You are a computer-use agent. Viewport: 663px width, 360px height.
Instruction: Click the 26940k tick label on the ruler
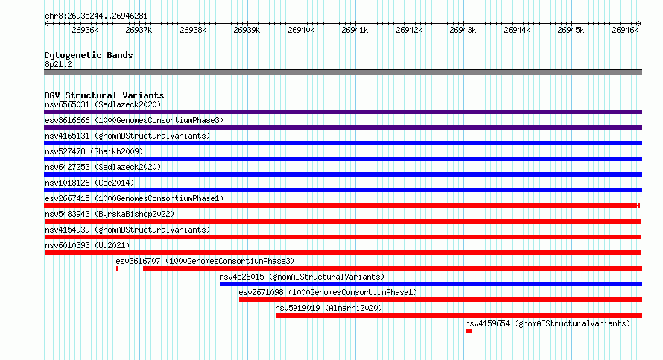click(x=301, y=30)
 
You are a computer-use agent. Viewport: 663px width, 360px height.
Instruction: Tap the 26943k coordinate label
click(x=463, y=30)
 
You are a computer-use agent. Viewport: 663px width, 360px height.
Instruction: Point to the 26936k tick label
click(x=85, y=30)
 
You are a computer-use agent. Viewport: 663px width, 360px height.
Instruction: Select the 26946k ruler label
click(x=625, y=30)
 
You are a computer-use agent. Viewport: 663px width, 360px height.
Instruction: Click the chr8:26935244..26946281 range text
click(x=96, y=16)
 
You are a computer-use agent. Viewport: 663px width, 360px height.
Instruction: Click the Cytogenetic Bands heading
click(x=89, y=55)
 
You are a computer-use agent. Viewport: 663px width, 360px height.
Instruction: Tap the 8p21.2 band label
click(x=58, y=64)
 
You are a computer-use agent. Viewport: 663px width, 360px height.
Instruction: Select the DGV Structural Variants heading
click(x=104, y=95)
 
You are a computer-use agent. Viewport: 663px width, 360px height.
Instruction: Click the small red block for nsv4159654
click(x=469, y=331)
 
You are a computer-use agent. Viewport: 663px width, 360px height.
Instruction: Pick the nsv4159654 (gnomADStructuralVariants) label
click(x=548, y=323)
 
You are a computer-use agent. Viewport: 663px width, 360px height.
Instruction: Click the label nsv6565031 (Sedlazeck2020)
click(x=103, y=104)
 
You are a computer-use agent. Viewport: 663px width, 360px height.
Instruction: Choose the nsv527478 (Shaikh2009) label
click(x=94, y=151)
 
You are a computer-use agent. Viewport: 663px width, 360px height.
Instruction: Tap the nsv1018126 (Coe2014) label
click(x=89, y=183)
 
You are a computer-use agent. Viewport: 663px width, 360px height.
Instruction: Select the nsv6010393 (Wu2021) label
click(x=87, y=245)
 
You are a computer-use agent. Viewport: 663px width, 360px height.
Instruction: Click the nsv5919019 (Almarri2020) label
click(x=329, y=308)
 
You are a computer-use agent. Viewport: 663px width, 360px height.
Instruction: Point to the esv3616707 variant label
click(x=205, y=261)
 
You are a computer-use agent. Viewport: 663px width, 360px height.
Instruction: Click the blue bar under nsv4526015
click(x=431, y=284)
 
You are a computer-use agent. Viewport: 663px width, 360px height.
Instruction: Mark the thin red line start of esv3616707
click(x=117, y=268)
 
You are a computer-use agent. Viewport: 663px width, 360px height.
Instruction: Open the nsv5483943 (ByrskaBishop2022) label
click(x=110, y=214)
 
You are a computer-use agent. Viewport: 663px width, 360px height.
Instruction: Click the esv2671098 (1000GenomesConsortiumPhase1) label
click(x=328, y=292)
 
